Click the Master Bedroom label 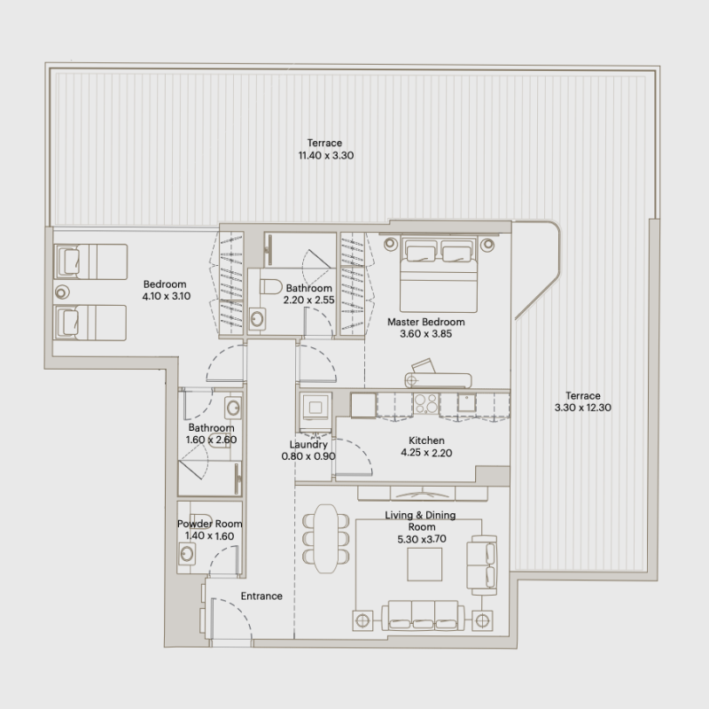426,322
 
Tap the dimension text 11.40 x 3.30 326,156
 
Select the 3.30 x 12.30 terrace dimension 583,408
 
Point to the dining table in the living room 326,539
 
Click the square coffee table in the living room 425,565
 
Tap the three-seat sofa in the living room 424,615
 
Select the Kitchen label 426,440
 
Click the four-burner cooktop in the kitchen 426,403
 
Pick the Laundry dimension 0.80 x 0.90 308,456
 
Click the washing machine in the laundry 316,408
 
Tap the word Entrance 261,596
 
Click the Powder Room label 209,524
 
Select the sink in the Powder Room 187,554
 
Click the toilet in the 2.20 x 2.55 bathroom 271,286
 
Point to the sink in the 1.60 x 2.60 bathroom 233,408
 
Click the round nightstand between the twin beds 62,292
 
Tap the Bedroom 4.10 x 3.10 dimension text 167,296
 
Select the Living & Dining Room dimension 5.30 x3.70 422,539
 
